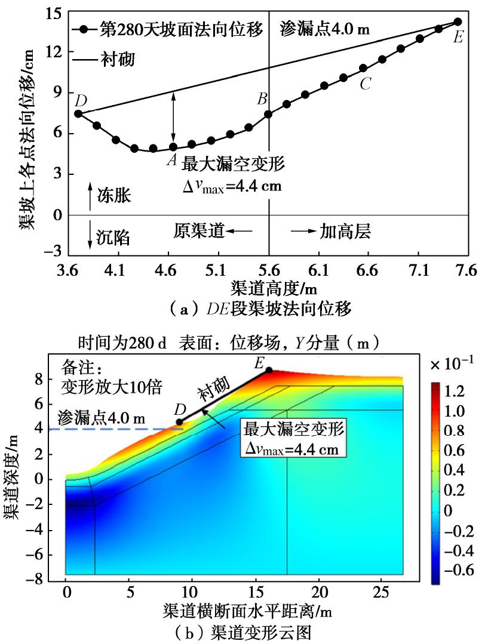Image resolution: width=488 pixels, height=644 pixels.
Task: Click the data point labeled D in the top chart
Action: click(x=78, y=113)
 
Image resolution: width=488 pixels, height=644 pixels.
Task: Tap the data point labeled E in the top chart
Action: click(x=458, y=21)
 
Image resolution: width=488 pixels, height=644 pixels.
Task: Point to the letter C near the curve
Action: click(x=366, y=85)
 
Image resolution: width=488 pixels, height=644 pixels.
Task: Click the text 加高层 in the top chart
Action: click(x=345, y=232)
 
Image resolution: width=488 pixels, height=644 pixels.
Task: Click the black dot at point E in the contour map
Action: click(x=269, y=370)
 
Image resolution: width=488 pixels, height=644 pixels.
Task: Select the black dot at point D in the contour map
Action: click(x=179, y=423)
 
